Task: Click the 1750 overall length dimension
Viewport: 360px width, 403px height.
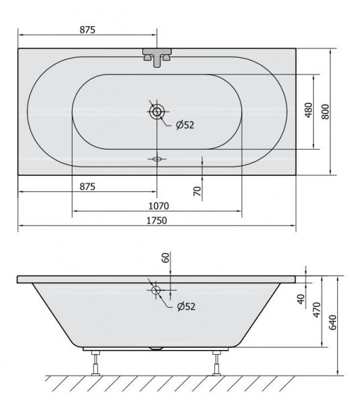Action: pyautogui.click(x=157, y=220)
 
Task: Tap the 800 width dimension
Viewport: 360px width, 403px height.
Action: pyautogui.click(x=325, y=111)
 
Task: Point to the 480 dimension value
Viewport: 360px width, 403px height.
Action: pyautogui.click(x=308, y=111)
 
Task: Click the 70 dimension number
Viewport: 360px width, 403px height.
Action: pyautogui.click(x=197, y=191)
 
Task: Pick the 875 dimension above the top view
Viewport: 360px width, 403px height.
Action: pyautogui.click(x=87, y=30)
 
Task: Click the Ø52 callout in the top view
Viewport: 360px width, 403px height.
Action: pyautogui.click(x=184, y=125)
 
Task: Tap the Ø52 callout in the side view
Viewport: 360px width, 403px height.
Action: pyautogui.click(x=185, y=306)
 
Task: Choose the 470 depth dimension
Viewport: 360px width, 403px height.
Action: pyautogui.click(x=316, y=309)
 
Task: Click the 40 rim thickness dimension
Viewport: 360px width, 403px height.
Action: pyautogui.click(x=300, y=298)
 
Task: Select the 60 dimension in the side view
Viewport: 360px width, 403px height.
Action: pyautogui.click(x=166, y=258)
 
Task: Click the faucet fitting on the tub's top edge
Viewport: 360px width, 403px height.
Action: pyautogui.click(x=156, y=56)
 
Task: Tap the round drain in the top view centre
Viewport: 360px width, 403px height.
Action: pyautogui.click(x=157, y=111)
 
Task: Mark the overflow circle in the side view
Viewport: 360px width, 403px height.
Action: pyautogui.click(x=156, y=291)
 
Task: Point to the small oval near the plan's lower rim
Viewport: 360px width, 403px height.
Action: pyautogui.click(x=157, y=159)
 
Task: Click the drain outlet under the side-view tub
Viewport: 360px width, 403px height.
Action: pyautogui.click(x=156, y=349)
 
